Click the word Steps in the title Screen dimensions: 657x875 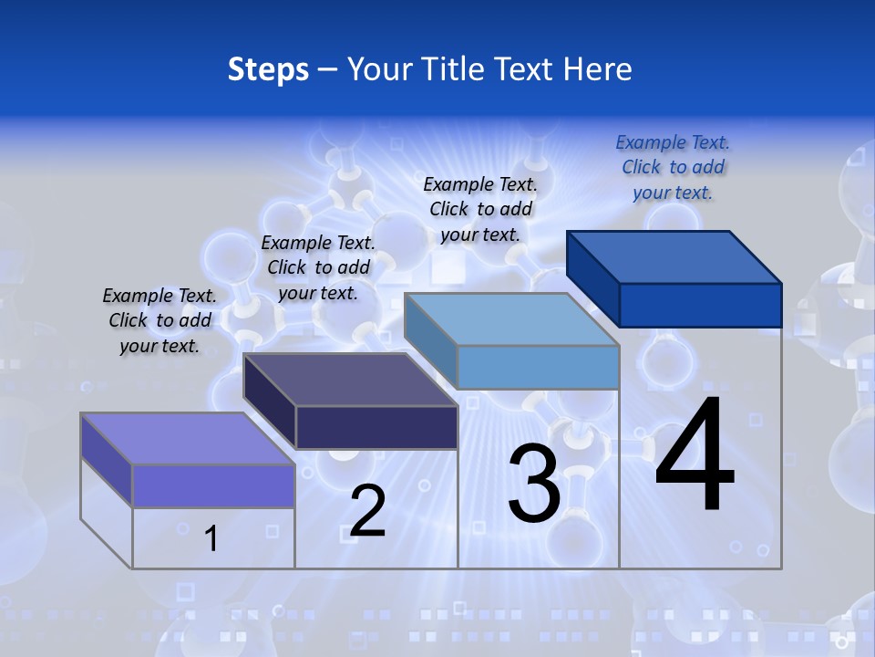268,69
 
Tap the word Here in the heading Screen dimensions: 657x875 598,69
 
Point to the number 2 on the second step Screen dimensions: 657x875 367,510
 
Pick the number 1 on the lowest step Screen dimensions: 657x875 211,538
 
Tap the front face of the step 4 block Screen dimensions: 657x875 700,305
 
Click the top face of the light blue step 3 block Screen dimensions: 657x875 511,319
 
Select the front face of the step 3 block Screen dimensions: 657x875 538,367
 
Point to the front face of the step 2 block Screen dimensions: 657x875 376,427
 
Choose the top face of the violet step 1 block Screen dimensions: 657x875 188,439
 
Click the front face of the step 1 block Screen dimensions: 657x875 213,485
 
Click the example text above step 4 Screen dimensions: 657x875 673,167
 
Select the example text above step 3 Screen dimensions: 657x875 480,209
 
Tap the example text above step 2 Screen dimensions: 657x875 318,267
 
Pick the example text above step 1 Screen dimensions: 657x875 160,320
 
